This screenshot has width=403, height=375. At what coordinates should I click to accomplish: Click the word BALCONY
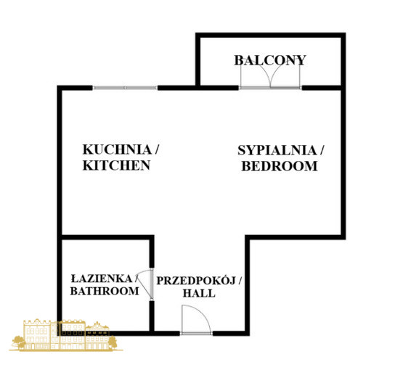point(270,61)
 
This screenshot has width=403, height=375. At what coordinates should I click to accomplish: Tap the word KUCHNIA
point(117,149)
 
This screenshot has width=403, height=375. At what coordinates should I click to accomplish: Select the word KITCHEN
point(116,165)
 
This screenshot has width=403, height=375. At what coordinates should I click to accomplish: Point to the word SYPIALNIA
point(277,150)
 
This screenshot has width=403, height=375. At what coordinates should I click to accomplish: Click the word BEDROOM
point(280,166)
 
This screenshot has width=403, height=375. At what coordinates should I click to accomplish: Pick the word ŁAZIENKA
point(101,279)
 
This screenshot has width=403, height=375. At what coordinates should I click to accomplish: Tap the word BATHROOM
point(105,291)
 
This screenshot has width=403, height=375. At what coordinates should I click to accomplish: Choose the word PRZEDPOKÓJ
point(196,281)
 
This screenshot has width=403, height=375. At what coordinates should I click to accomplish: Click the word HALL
point(199,293)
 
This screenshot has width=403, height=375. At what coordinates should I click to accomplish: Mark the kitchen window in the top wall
point(125,88)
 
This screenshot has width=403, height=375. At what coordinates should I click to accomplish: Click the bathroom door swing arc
point(144,284)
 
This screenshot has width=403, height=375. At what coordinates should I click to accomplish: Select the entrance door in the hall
point(196,333)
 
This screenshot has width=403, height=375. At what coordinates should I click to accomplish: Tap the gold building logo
point(66,335)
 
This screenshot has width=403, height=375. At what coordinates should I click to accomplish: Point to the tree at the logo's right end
point(113,342)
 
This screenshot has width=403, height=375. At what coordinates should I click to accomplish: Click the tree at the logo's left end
point(19,342)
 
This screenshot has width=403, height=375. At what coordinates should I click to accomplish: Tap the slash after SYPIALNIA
point(321,150)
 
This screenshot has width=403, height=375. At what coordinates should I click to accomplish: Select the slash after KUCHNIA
point(156,149)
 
